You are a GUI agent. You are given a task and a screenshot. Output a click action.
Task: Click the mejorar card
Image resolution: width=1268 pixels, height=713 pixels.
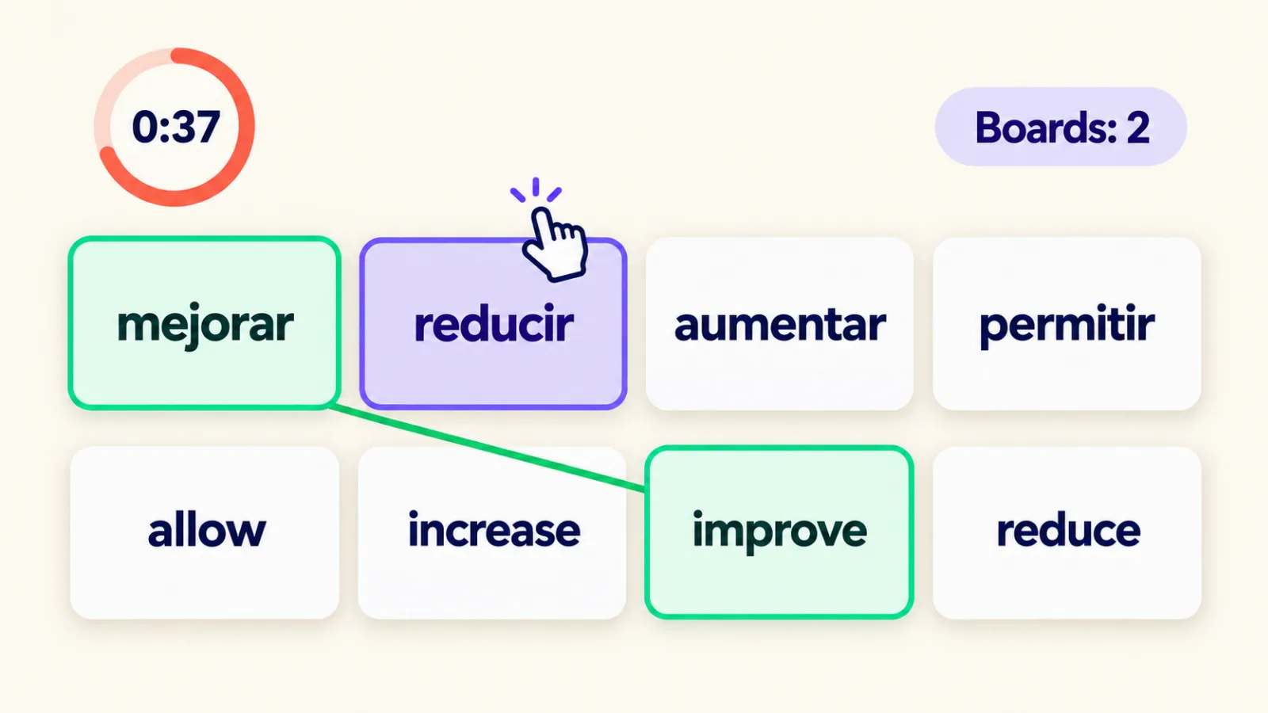204,323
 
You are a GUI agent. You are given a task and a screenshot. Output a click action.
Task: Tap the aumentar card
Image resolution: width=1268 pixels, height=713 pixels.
780,324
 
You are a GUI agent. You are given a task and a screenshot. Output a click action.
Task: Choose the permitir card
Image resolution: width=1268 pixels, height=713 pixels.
1067,324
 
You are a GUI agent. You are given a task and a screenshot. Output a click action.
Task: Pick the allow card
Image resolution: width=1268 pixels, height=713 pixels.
205,532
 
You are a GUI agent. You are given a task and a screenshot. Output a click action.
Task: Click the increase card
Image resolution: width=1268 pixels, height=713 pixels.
492,532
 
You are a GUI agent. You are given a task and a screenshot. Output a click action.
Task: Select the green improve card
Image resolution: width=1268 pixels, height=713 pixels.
780,532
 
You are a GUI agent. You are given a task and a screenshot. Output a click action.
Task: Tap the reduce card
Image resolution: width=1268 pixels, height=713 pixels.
1067,532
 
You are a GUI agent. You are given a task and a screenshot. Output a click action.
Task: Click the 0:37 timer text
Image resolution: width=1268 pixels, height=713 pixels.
176,127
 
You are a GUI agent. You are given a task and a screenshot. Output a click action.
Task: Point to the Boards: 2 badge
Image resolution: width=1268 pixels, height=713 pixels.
1061,127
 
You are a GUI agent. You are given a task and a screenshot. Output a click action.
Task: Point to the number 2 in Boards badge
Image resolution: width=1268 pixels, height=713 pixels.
1138,128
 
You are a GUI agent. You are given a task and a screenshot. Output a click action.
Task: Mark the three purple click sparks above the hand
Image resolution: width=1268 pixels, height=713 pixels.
536,189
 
